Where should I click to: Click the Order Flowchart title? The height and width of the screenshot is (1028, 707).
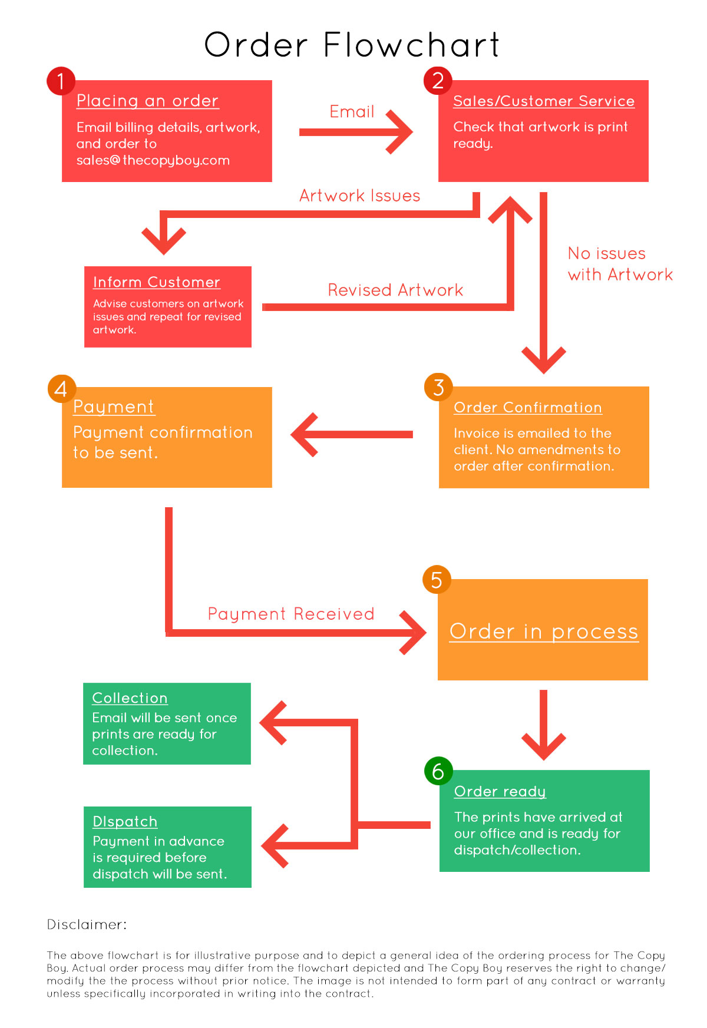point(352,45)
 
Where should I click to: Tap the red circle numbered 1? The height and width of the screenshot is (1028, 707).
point(61,81)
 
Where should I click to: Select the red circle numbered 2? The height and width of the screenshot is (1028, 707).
point(438,81)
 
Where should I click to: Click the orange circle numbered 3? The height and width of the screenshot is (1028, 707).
point(438,387)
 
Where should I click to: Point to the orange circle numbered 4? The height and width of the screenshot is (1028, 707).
point(61,389)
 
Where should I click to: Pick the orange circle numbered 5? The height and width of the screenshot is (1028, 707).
point(437,580)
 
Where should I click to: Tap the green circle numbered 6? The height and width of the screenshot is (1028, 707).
point(438,771)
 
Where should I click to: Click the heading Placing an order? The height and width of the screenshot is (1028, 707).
point(147,101)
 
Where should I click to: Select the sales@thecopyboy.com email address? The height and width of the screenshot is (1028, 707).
point(153,160)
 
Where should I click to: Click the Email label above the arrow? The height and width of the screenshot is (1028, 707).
point(352,111)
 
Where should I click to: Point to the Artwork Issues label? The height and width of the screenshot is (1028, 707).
point(360,196)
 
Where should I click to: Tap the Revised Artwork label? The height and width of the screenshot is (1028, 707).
point(395,290)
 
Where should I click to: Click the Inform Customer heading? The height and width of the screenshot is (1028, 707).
point(157,282)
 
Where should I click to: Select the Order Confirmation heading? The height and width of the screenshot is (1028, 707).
point(528,408)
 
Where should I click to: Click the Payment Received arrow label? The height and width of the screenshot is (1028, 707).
point(291,614)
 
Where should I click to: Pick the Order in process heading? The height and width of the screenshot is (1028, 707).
point(544,632)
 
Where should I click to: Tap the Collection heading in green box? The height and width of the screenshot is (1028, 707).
point(130,698)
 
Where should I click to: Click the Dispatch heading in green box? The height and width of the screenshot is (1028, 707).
point(125,822)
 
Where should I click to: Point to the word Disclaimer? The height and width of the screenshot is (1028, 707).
point(87,924)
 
